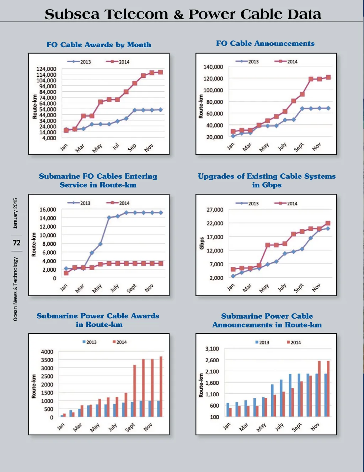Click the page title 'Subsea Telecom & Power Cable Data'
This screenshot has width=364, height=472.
(183, 14)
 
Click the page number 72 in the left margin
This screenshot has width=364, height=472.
(17, 243)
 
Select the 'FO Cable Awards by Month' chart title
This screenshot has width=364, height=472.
(99, 45)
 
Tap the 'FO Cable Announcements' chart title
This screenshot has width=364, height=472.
(265, 43)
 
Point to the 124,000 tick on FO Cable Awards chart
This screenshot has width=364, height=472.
(46, 69)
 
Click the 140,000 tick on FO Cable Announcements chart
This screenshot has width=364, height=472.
(213, 67)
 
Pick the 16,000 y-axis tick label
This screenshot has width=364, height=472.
(48, 210)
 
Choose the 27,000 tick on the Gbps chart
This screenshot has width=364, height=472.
(215, 210)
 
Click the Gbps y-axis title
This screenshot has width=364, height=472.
(202, 243)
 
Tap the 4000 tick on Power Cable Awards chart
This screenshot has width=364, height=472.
(47, 352)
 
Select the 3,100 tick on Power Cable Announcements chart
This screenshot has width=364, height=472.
(212, 349)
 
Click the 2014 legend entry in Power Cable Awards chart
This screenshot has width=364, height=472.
(119, 342)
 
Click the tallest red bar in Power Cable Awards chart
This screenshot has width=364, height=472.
(161, 386)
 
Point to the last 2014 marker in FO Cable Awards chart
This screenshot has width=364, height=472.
(160, 72)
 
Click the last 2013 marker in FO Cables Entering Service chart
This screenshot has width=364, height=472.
(161, 213)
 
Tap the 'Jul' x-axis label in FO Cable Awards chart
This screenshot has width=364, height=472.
(116, 146)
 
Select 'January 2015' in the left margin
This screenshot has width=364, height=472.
(15, 213)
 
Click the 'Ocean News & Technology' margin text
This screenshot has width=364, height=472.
(15, 289)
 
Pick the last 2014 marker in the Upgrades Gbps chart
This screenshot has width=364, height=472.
(328, 223)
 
